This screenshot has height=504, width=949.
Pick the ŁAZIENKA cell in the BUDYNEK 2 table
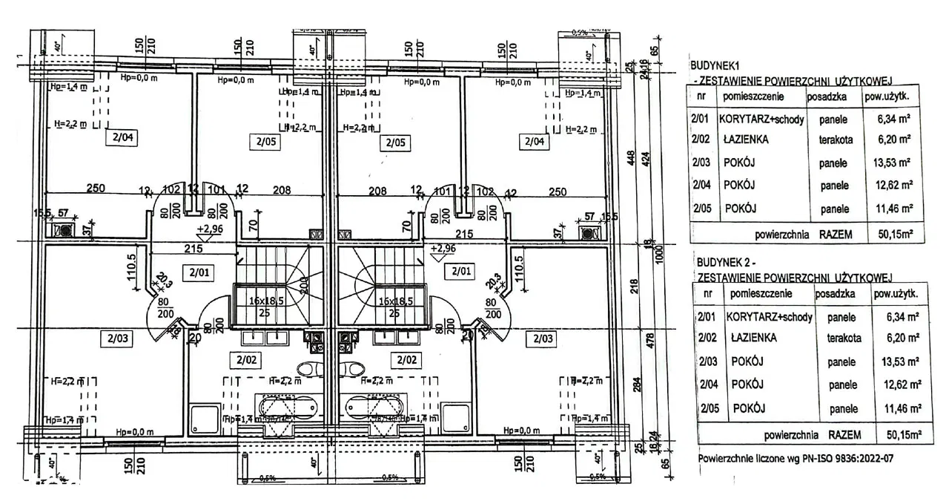point(753,338)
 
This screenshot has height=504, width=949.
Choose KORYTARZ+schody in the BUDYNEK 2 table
point(770,317)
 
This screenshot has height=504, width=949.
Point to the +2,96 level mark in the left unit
point(210,229)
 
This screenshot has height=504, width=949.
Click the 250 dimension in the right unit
point(558,191)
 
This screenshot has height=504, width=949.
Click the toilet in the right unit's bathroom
point(354,368)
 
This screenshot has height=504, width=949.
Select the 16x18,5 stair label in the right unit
point(395,302)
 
